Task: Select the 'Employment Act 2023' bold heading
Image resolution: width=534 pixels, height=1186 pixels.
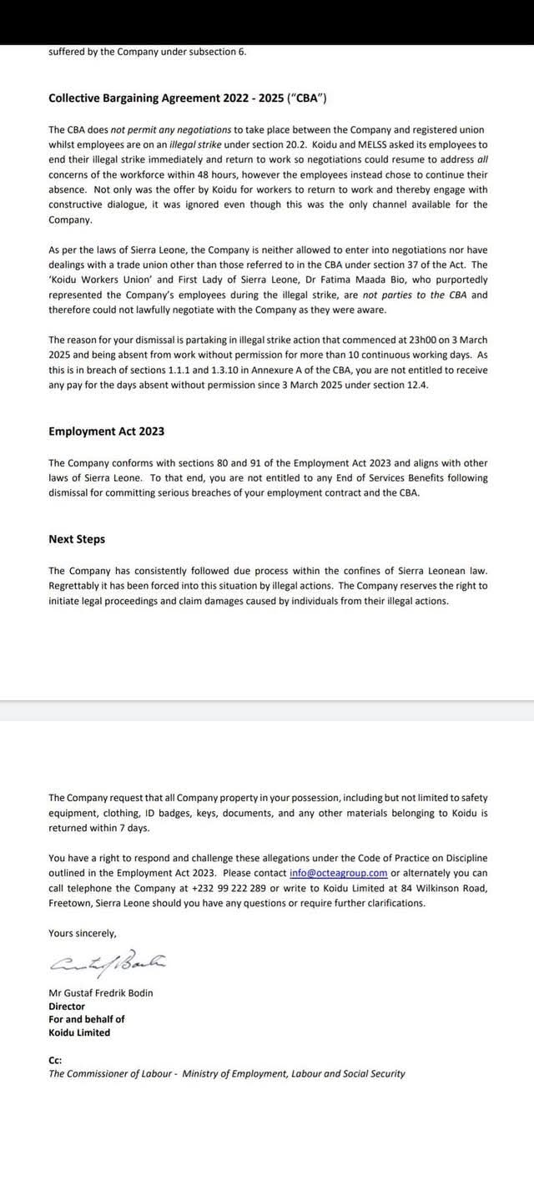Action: tap(106, 431)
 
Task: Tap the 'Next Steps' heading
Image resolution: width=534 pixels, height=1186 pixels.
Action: tap(77, 539)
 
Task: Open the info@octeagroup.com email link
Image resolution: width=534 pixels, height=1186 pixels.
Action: tap(339, 873)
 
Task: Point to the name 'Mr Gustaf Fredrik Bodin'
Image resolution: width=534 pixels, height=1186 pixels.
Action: tap(101, 993)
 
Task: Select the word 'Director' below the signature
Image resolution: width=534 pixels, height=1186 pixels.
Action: tap(67, 1007)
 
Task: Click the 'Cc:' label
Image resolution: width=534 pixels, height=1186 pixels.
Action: tap(55, 1060)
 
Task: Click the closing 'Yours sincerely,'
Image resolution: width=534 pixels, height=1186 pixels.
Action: tap(83, 933)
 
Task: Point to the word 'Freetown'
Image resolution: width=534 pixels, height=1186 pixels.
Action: tap(70, 903)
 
